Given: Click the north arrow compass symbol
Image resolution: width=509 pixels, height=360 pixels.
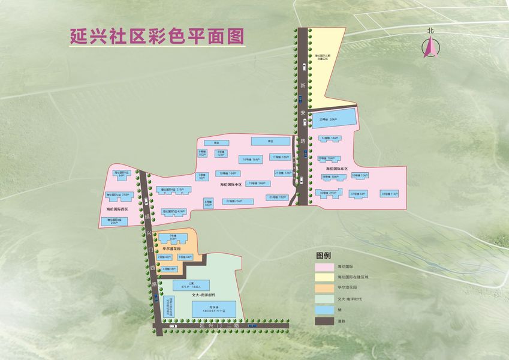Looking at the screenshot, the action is click(430, 46).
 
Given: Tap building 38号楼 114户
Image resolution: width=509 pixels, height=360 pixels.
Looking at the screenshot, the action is click(389, 194).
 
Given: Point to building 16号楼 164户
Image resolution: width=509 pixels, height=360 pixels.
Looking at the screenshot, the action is click(251, 160).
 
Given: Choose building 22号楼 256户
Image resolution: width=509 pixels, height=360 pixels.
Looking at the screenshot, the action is click(234, 201).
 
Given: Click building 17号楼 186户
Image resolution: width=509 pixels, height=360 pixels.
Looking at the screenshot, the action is click(280, 157).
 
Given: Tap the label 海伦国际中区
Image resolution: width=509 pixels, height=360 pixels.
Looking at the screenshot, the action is click(230, 185).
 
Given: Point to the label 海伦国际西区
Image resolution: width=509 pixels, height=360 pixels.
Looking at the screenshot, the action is click(118, 209).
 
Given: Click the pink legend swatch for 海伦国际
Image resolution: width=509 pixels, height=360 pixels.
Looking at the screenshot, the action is click(324, 266).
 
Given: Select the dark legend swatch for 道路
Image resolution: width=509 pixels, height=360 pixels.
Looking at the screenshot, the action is click(324, 321).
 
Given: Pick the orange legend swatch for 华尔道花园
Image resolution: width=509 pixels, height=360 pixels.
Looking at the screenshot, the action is click(324, 287).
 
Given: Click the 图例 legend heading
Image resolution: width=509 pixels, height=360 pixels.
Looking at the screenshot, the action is click(323, 254).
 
